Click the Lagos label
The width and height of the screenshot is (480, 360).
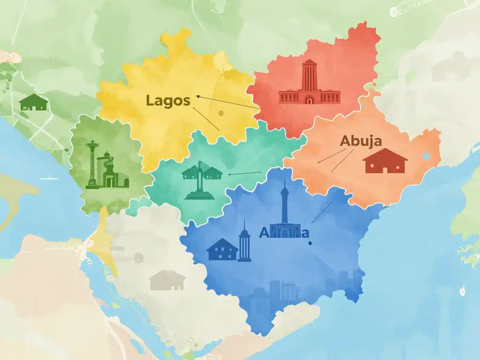point(168,100)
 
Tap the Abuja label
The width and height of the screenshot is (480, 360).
point(360,141)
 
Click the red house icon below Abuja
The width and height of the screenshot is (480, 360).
point(385,161)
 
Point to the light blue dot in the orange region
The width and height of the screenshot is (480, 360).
point(426,156)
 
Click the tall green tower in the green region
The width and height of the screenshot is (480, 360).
point(92,164)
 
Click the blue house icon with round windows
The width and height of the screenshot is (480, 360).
point(222,249)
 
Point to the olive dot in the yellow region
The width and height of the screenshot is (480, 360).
point(221,113)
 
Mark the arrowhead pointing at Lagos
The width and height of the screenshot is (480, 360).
point(198,97)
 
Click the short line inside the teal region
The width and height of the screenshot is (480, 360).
point(244,173)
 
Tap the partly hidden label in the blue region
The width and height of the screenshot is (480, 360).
point(284,232)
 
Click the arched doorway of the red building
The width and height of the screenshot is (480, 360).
point(309,100)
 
